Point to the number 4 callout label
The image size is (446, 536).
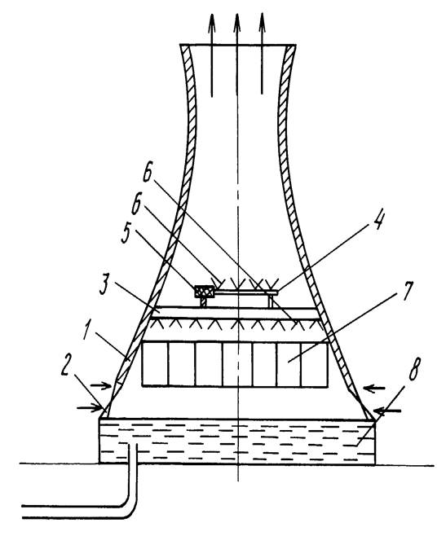378,222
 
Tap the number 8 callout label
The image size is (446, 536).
413,369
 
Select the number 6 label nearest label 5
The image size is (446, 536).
137,204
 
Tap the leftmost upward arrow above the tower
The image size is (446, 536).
212,55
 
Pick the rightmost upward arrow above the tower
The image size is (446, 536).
262,54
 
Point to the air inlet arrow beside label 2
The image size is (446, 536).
90,407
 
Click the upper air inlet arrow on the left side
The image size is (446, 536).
101,385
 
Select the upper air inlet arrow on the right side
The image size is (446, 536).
374,388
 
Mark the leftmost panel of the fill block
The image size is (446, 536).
155,364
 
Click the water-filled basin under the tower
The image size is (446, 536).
237,442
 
